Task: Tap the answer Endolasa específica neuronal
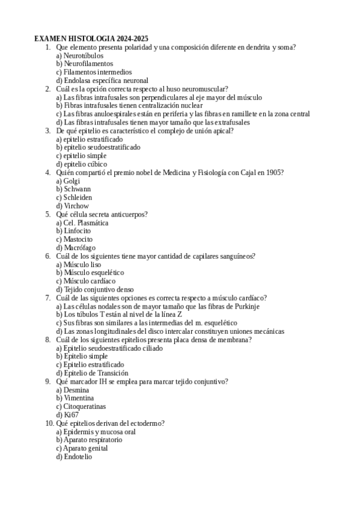[x=105, y=80]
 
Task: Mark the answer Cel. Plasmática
[x=85, y=223]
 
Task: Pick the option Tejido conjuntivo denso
[x=99, y=289]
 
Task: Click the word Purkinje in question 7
[x=245, y=306]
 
